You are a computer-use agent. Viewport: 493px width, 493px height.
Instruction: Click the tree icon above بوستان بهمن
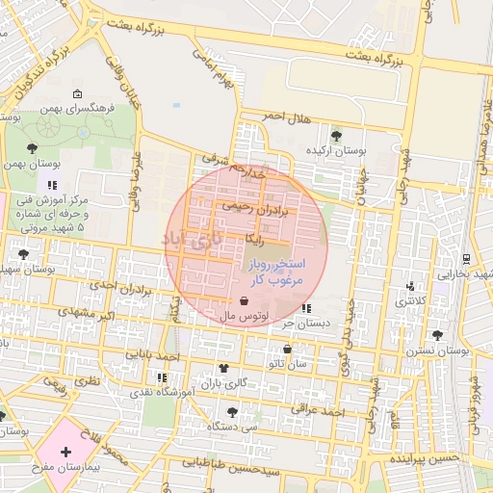pyautogui.click(x=32, y=148)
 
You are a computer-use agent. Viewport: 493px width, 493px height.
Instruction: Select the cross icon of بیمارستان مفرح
pyautogui.click(x=65, y=452)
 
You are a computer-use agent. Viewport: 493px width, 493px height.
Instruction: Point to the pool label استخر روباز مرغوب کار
pyautogui.click(x=277, y=271)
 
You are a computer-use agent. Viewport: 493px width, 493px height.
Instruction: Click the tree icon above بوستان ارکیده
pyautogui.click(x=335, y=135)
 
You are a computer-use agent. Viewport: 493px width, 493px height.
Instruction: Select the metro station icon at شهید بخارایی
pyautogui.click(x=467, y=258)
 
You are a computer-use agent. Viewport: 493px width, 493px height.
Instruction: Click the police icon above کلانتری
pyautogui.click(x=412, y=286)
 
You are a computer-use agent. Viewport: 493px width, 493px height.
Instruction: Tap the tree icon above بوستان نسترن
pyautogui.click(x=438, y=335)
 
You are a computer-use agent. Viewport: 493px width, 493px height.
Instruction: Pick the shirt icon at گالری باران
pyautogui.click(x=224, y=368)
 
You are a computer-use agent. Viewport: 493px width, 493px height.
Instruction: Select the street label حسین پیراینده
pyautogui.click(x=417, y=460)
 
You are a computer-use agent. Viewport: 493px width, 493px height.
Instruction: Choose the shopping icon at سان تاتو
pyautogui.click(x=286, y=349)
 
